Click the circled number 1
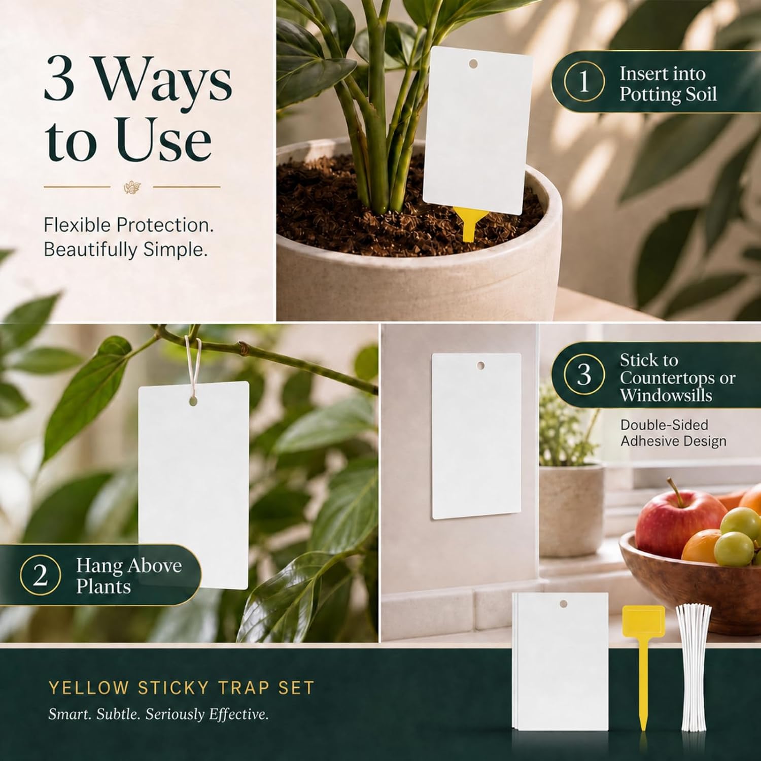(584, 81)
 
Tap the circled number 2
(40, 575)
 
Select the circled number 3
(584, 374)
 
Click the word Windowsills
(666, 395)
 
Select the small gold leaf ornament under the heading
(132, 187)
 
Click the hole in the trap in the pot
(473, 64)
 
